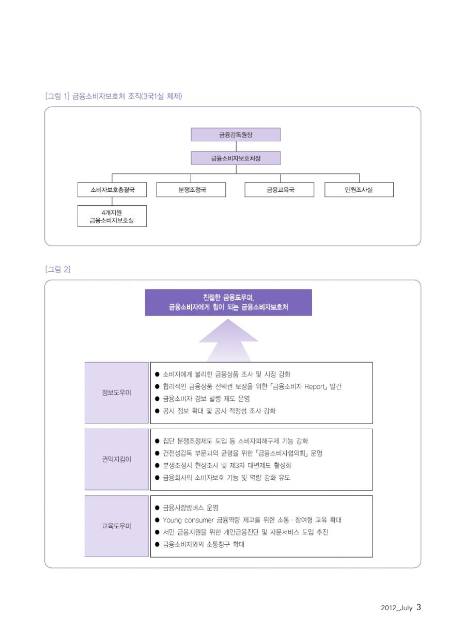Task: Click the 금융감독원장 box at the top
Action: point(235,134)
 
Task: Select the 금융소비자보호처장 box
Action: point(235,158)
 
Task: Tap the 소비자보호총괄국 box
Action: point(112,189)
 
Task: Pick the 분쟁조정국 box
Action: point(191,189)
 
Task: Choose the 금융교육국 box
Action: point(280,189)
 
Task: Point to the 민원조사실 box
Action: point(359,189)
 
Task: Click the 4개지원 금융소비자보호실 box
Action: point(112,216)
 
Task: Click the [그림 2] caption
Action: point(58,269)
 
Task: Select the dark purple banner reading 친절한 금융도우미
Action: point(228,302)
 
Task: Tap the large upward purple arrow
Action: point(228,340)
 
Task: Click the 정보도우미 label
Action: point(116,393)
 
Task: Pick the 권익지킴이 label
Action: point(116,459)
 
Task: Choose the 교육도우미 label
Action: point(116,526)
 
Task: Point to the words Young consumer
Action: point(188,520)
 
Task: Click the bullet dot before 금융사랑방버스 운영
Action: point(157,508)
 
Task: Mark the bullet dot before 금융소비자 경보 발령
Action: point(157,399)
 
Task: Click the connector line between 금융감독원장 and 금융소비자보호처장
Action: point(236,146)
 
